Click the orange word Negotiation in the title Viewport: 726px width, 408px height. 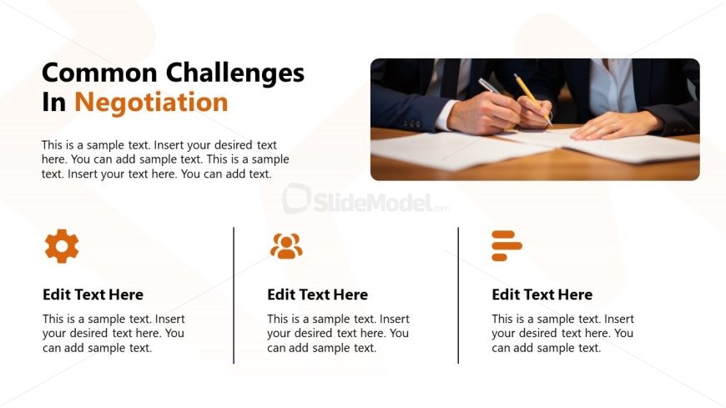click(x=151, y=103)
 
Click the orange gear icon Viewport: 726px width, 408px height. click(x=62, y=246)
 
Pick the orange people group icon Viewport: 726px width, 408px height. click(x=286, y=246)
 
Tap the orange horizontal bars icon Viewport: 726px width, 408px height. click(x=507, y=245)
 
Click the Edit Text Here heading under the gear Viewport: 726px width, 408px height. click(x=93, y=295)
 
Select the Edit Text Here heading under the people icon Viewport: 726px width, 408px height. click(x=317, y=295)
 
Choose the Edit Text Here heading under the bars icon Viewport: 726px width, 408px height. click(x=542, y=295)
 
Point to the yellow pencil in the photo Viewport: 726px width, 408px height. click(x=532, y=99)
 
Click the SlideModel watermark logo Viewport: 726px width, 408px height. click(x=366, y=201)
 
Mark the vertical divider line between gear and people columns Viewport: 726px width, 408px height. click(x=234, y=295)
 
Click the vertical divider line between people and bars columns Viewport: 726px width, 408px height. click(x=458, y=295)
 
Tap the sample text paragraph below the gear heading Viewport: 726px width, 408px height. click(x=113, y=334)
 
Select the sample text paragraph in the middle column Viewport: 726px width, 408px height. click(x=338, y=334)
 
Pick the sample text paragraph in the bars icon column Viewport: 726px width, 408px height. click(x=562, y=334)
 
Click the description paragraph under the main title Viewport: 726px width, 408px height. click(x=165, y=159)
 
